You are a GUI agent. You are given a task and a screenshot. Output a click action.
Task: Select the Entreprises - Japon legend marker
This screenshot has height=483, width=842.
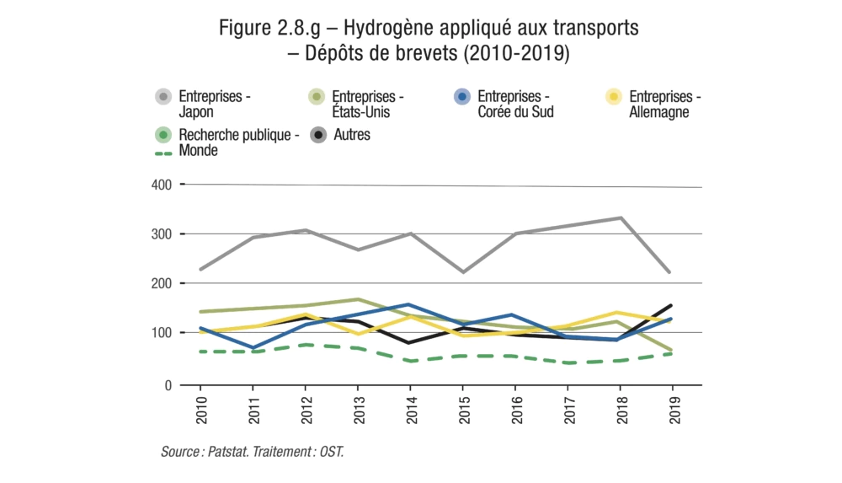point(163,97)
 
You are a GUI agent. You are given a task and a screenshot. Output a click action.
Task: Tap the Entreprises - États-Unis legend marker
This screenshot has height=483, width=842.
point(317,97)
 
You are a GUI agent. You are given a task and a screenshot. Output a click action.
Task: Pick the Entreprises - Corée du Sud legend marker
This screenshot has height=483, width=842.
point(461,97)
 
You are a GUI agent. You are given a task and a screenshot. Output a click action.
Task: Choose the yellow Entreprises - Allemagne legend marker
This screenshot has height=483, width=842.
point(614,97)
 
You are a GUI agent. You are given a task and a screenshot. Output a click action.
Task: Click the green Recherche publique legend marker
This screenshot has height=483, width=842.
point(163,134)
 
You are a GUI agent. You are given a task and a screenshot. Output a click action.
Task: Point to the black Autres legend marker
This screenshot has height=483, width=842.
point(317,134)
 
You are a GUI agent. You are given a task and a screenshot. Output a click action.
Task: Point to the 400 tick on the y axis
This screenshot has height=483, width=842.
point(162,184)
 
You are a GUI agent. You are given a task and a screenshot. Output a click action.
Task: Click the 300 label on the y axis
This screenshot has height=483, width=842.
point(162,233)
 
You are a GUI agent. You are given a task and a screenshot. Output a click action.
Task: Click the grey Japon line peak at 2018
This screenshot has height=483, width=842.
point(621,217)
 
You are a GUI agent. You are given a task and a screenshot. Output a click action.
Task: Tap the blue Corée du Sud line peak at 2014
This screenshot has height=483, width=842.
point(408,304)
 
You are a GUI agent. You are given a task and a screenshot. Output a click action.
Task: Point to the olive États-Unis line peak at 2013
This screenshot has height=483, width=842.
point(358,299)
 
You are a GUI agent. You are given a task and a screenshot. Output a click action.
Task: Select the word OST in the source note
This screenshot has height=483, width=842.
point(331,453)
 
